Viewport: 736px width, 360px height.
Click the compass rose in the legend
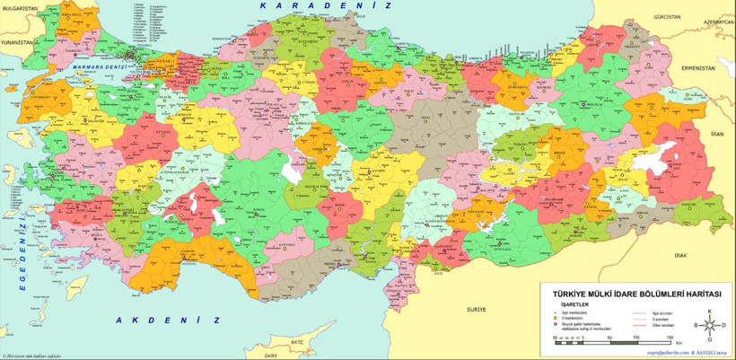click(709, 324)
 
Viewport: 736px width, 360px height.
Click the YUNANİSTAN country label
click(16, 42)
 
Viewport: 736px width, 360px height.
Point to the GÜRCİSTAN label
click(668, 17)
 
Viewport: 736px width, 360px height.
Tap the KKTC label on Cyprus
click(298, 342)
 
